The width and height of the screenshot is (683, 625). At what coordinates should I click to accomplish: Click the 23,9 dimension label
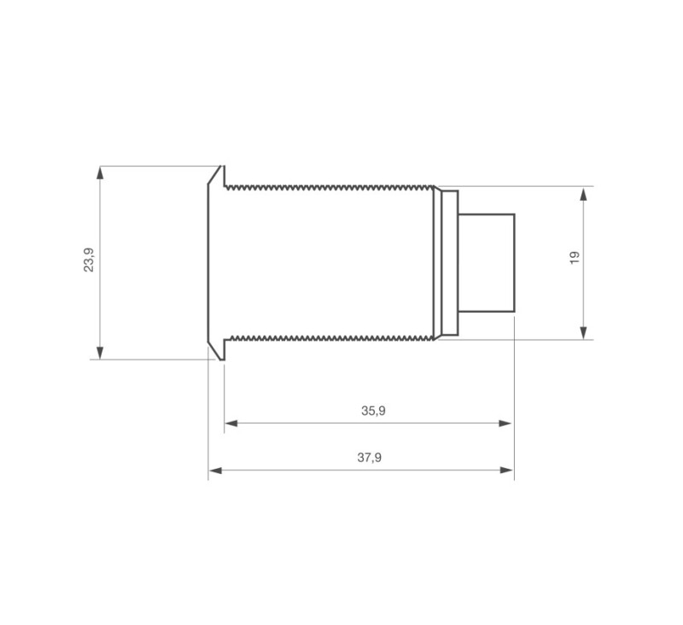tap(89, 260)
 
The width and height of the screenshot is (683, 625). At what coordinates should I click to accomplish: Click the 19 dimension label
tap(575, 257)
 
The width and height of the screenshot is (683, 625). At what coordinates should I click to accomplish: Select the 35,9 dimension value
tap(373, 411)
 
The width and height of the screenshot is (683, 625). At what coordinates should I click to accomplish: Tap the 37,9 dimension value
tap(370, 458)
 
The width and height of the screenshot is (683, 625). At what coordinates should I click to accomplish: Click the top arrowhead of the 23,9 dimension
tap(100, 173)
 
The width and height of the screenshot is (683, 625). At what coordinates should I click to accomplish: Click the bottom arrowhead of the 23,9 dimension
tap(100, 353)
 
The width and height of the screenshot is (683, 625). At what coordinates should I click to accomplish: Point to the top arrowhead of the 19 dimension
tap(584, 195)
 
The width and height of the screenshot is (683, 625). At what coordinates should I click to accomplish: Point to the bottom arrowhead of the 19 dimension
tap(584, 332)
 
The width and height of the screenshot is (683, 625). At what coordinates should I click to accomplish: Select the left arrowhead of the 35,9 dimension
tap(231, 423)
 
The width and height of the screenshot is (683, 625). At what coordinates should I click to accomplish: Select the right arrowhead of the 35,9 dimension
tap(505, 423)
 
